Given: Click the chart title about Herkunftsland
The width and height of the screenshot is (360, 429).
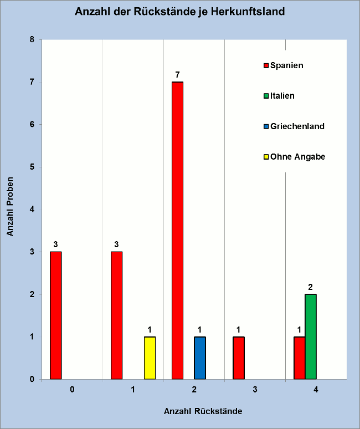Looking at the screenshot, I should [180, 12].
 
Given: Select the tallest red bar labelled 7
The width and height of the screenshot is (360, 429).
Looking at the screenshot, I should [177, 230].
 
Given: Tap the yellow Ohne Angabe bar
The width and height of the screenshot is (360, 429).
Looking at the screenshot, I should [150, 357].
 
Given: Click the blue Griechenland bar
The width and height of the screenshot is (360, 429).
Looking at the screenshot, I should [199, 357].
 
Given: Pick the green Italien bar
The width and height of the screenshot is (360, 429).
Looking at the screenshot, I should [310, 336].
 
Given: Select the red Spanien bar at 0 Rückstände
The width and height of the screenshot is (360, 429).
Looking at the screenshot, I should [55, 315].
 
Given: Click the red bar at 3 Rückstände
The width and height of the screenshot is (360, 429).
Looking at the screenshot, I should [238, 357].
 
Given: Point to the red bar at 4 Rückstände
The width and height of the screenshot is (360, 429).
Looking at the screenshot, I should [299, 357].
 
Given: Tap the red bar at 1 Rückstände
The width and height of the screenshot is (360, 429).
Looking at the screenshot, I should [116, 315].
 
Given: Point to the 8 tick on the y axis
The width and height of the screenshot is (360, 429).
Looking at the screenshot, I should [32, 40].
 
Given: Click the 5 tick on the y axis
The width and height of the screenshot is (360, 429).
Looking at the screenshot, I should [32, 167].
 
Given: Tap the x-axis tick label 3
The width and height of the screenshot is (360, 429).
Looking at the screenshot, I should [255, 390].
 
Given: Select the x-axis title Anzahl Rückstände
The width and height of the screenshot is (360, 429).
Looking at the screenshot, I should [203, 412].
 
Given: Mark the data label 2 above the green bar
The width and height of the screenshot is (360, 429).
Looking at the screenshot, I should [310, 287].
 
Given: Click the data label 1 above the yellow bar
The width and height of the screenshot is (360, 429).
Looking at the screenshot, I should [150, 330].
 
